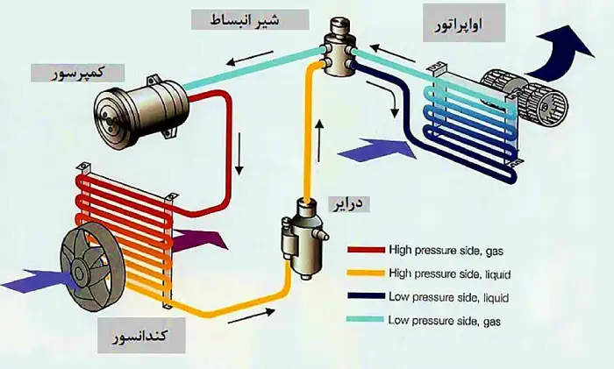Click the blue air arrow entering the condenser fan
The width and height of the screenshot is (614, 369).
pyautogui.click(x=26, y=283)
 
